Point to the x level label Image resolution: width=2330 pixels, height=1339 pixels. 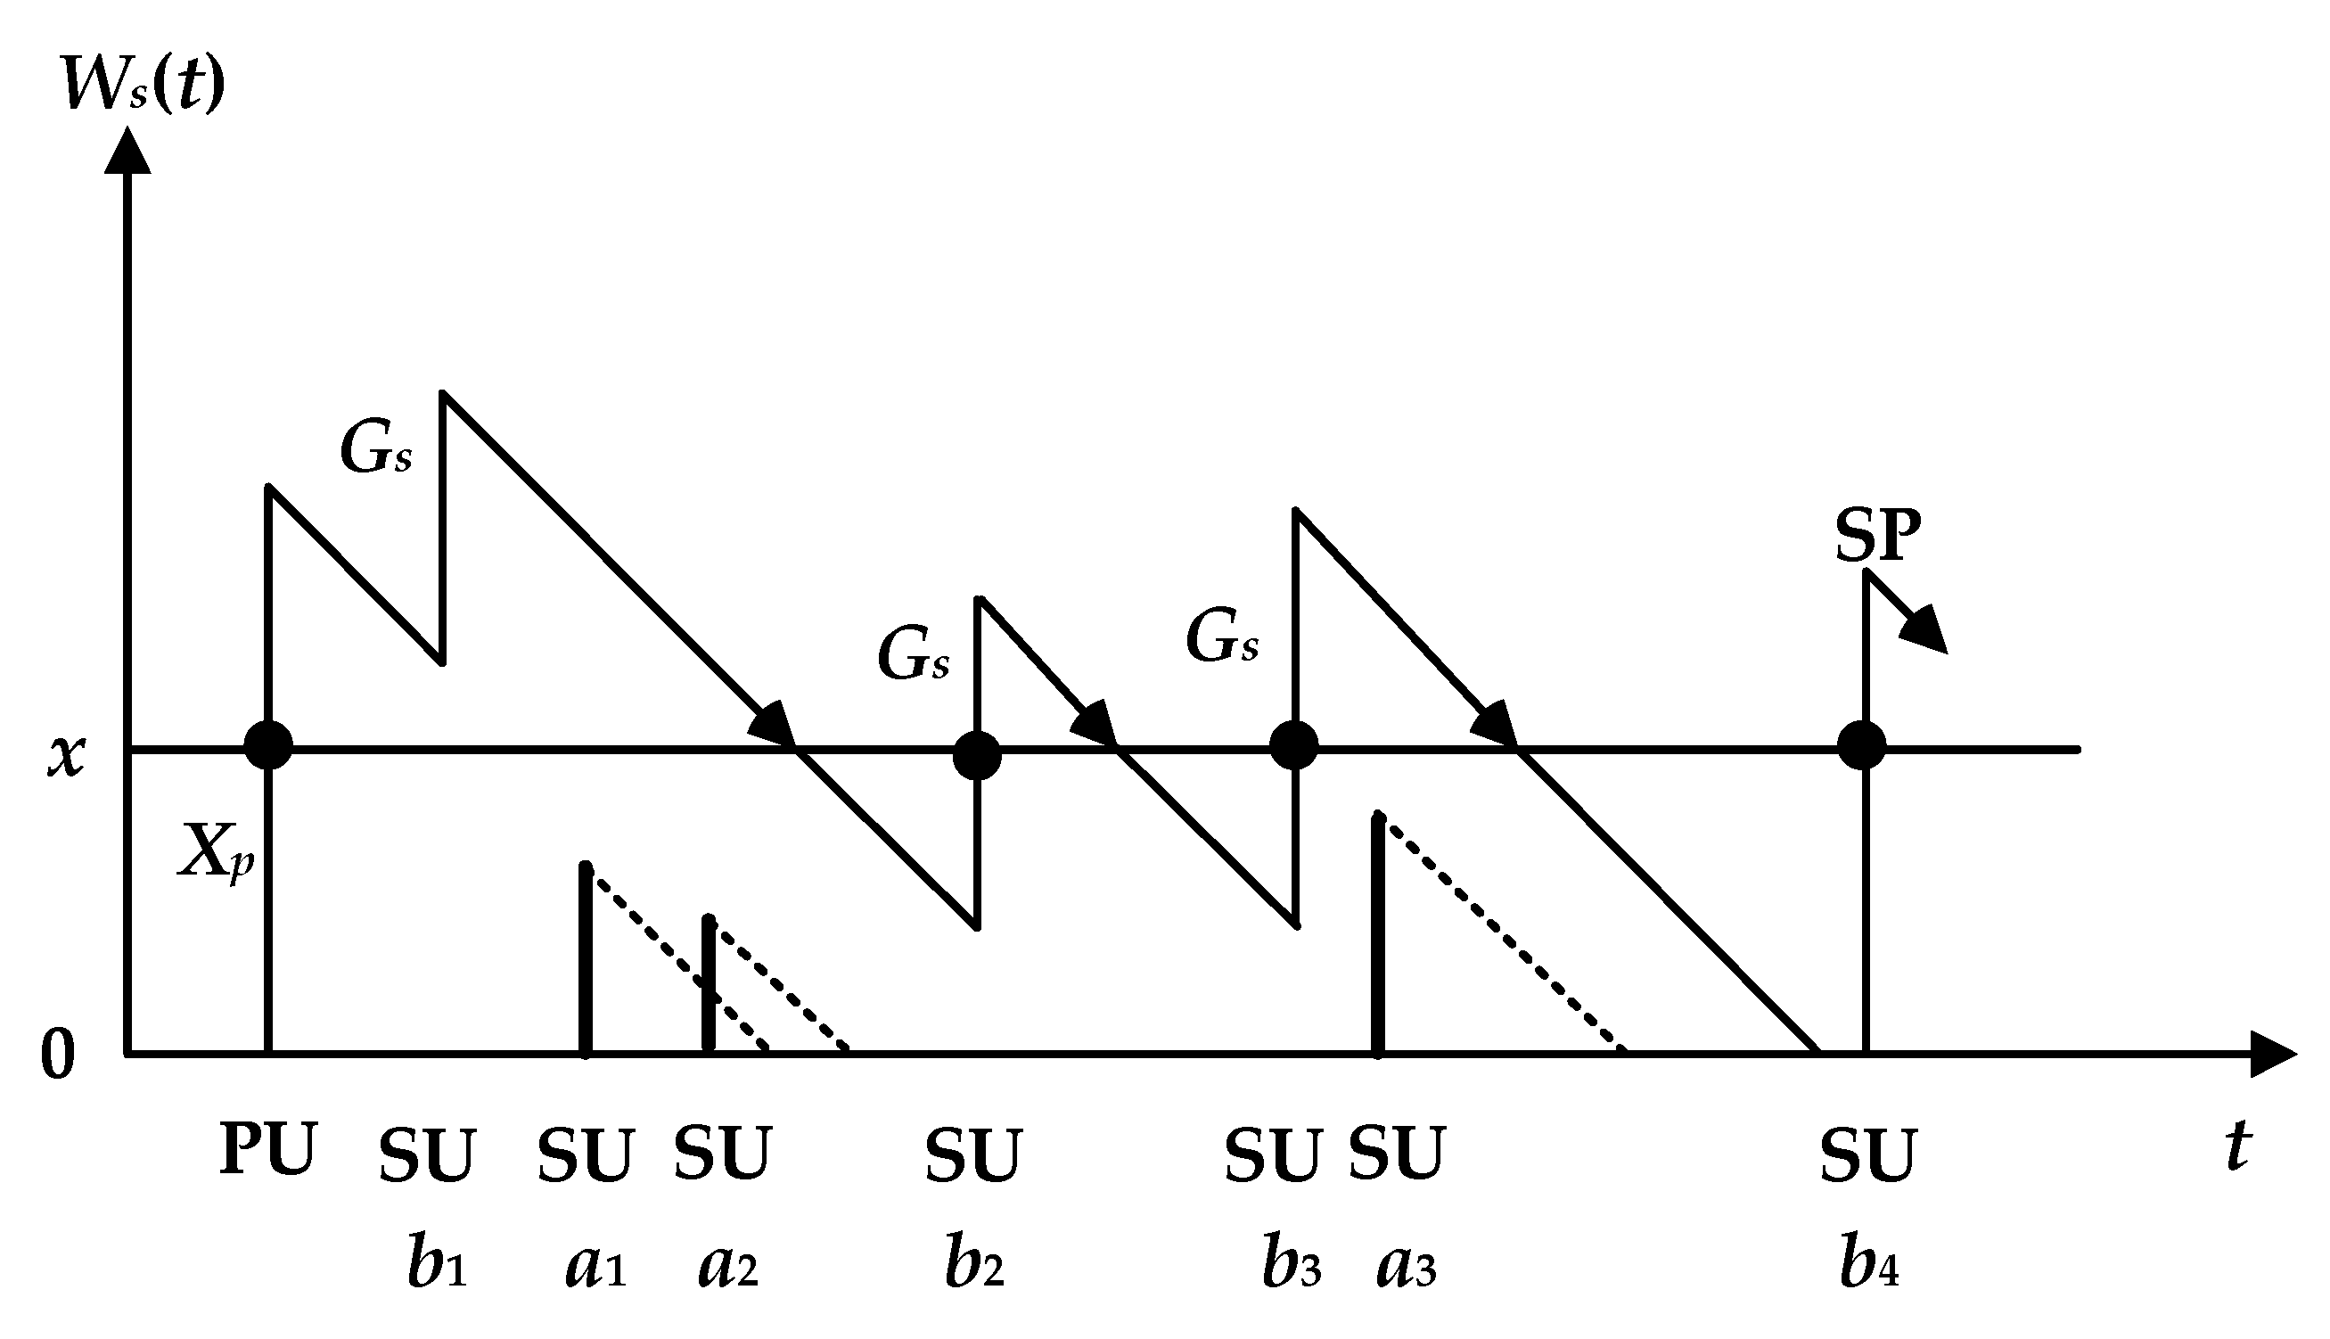(66, 756)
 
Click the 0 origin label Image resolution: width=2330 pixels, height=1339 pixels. (57, 1056)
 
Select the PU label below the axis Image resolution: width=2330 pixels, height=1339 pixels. (267, 1148)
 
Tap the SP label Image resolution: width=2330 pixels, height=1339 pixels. (1877, 535)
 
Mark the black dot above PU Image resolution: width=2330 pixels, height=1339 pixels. (268, 745)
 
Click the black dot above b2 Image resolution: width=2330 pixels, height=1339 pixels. (977, 756)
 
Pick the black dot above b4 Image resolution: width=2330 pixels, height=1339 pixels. (1862, 745)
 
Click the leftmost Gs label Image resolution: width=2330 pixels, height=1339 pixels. (376, 448)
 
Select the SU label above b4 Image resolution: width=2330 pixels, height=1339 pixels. (1868, 1155)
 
